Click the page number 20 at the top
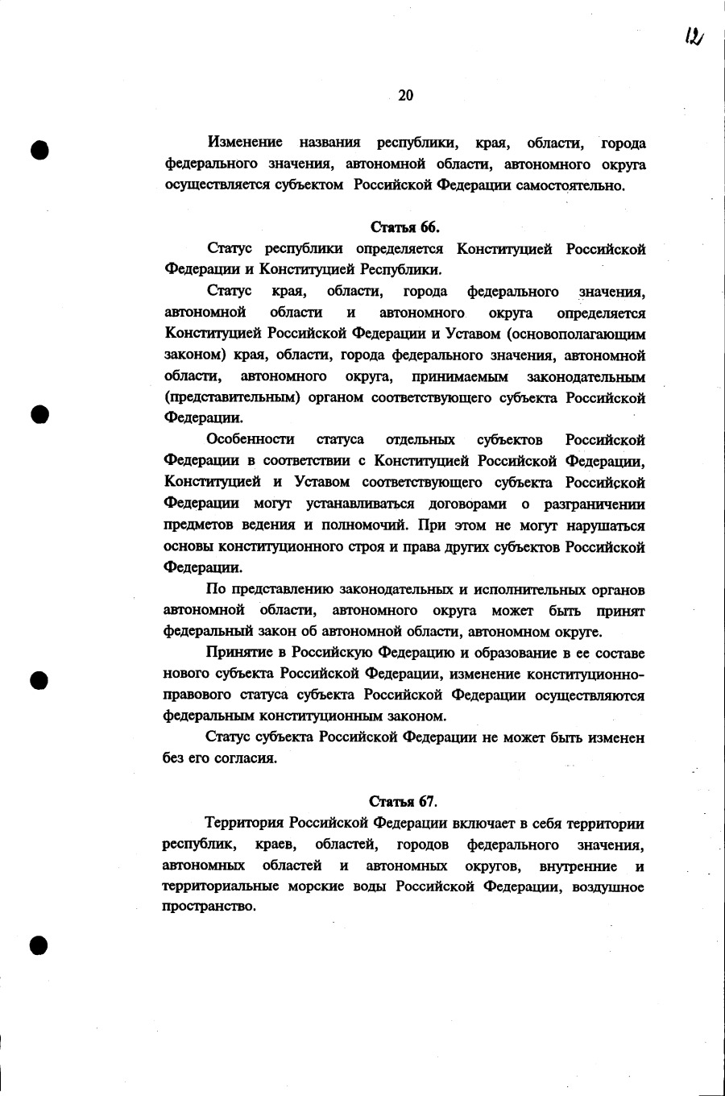(x=405, y=96)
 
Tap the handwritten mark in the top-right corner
(x=694, y=36)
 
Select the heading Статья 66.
(x=404, y=226)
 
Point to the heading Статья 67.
(x=403, y=801)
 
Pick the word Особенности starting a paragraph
(x=250, y=440)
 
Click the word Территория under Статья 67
(x=243, y=824)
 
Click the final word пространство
(x=209, y=907)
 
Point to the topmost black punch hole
(x=39, y=150)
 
